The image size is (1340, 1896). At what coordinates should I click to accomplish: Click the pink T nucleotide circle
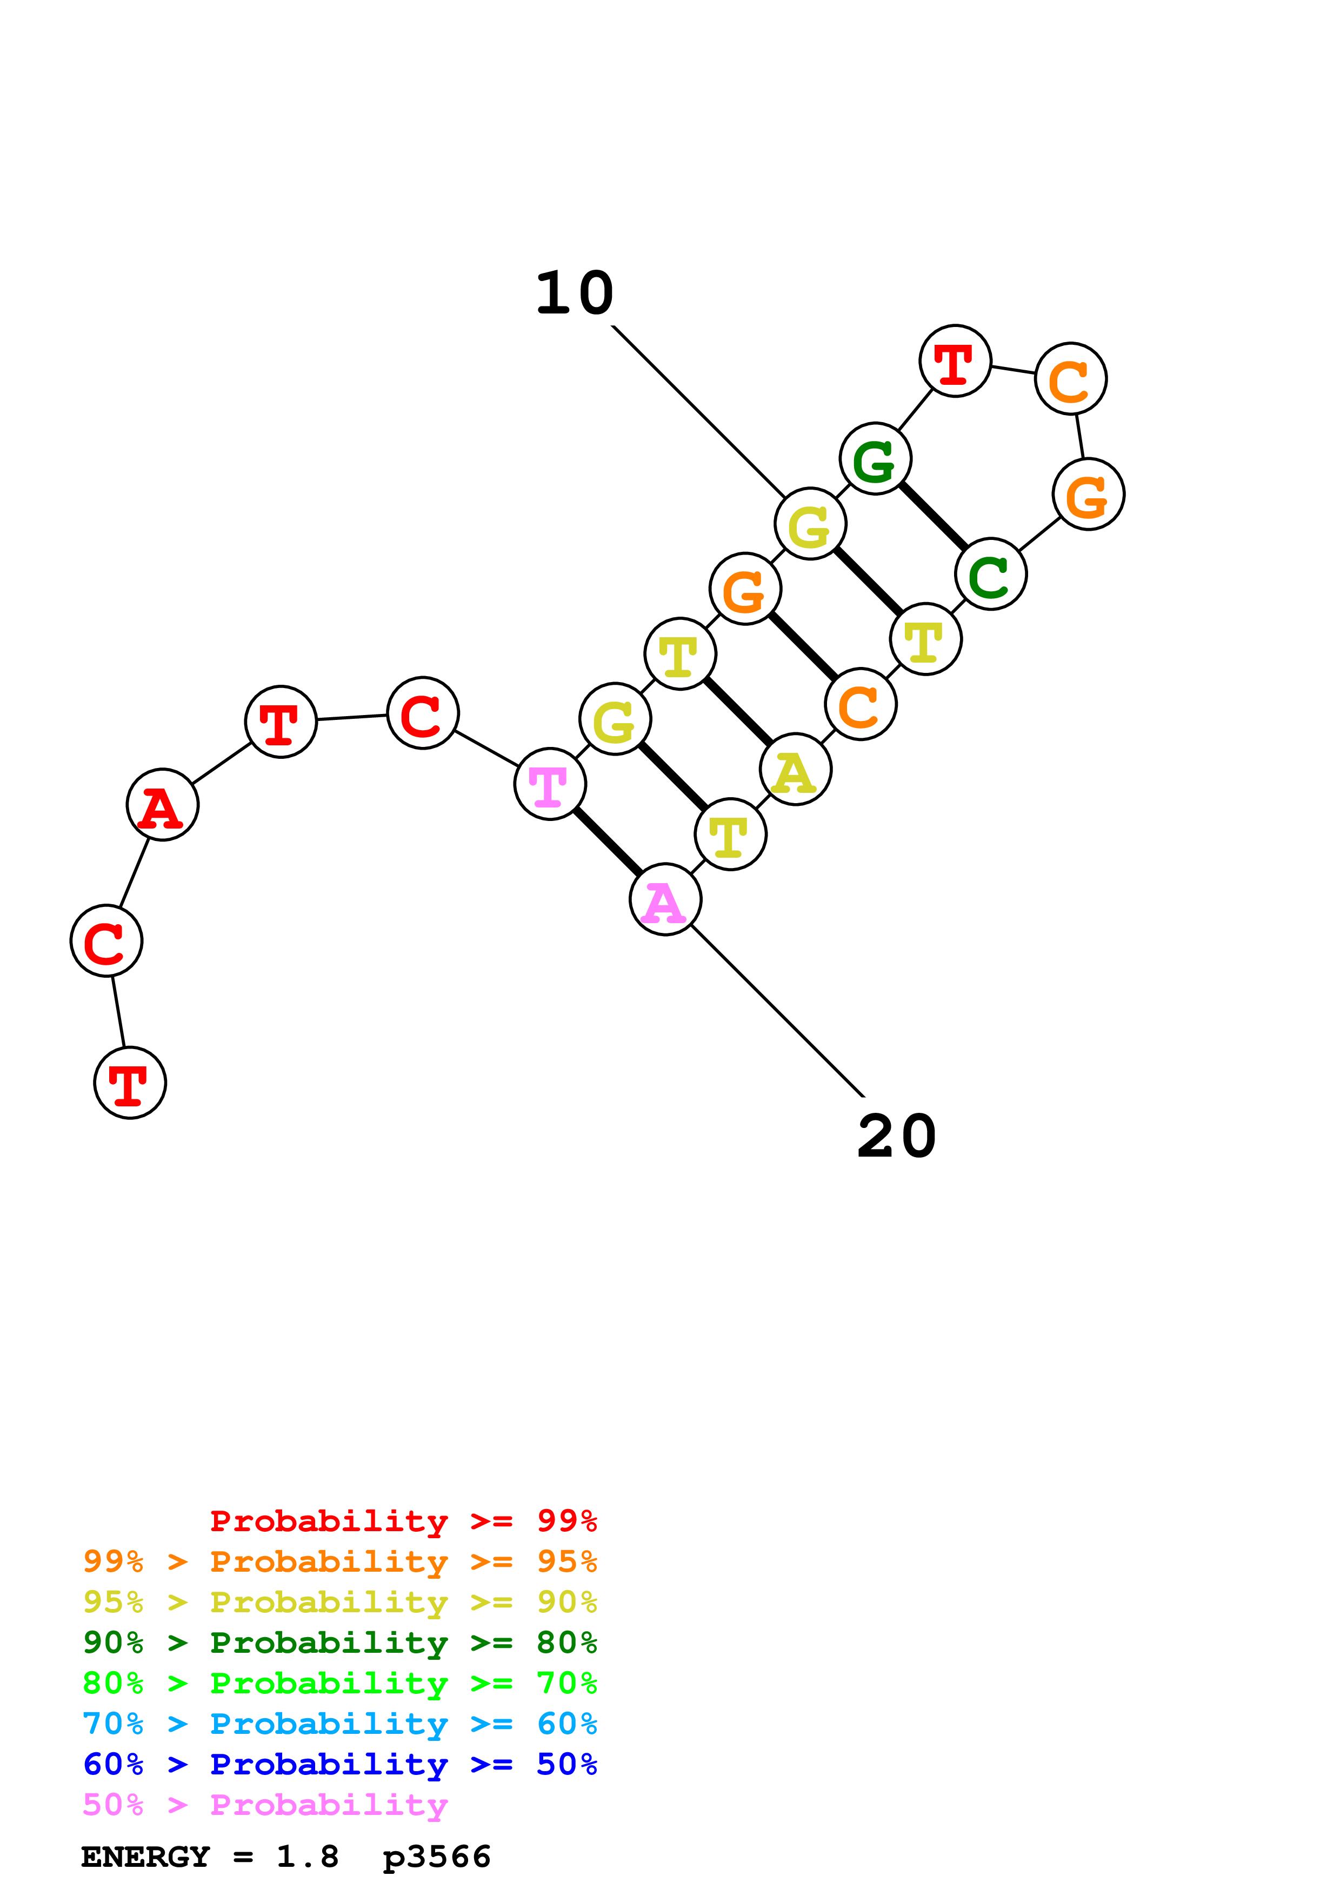pyautogui.click(x=550, y=784)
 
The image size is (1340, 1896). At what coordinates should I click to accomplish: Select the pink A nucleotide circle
pyautogui.click(x=665, y=899)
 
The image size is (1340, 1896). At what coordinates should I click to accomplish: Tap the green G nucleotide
pyautogui.click(x=875, y=458)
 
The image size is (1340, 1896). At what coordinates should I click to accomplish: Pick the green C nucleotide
pyautogui.click(x=991, y=574)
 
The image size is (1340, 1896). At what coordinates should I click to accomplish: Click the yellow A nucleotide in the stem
pyautogui.click(x=795, y=770)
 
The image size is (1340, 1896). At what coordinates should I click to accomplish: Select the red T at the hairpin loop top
pyautogui.click(x=955, y=361)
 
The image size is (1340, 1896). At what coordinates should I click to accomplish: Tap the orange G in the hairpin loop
pyautogui.click(x=1088, y=494)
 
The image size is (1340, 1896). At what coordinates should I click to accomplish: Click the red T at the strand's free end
pyautogui.click(x=130, y=1083)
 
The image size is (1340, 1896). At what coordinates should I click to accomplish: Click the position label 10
pyautogui.click(x=575, y=294)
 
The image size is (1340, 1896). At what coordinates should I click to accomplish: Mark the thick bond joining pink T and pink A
pyautogui.click(x=608, y=842)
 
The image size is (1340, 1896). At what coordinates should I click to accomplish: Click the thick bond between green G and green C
pyautogui.click(x=933, y=516)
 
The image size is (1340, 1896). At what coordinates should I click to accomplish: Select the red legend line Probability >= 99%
pyautogui.click(x=403, y=1521)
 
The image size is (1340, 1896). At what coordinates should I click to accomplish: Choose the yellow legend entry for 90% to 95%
pyautogui.click(x=340, y=1602)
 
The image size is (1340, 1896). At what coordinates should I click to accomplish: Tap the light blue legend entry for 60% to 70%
pyautogui.click(x=340, y=1724)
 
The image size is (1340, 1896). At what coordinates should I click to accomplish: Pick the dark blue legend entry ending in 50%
pyautogui.click(x=340, y=1764)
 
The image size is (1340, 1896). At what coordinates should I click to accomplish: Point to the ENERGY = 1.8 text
pyautogui.click(x=210, y=1857)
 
